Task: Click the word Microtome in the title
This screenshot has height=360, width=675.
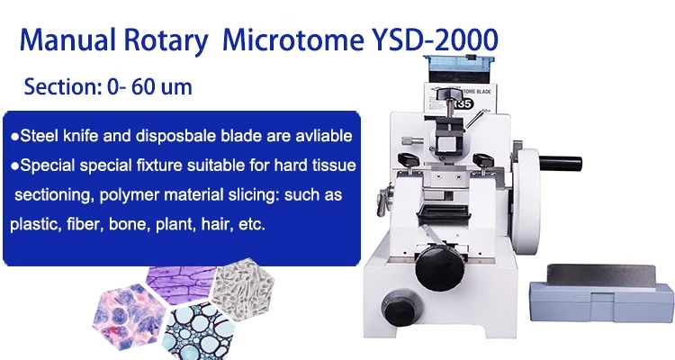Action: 292,40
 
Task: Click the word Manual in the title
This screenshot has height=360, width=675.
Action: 68,40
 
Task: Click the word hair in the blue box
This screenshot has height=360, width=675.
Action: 216,224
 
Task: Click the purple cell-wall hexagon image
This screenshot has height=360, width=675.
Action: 181,284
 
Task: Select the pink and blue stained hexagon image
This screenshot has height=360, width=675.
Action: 129,317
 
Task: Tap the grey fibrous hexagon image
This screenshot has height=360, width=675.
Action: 244,290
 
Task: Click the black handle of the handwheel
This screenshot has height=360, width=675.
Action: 560,164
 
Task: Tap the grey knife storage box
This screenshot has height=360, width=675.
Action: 601,293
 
